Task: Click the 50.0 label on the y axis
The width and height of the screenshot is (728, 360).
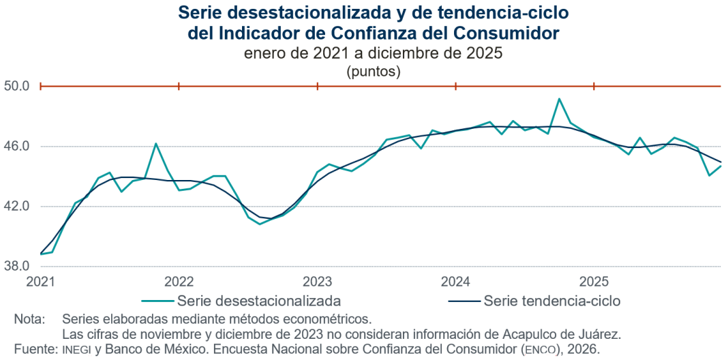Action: point(16,86)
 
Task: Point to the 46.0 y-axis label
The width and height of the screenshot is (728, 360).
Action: point(16,146)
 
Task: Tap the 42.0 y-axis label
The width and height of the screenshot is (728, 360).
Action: point(16,206)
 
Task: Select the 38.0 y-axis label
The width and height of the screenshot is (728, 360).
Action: point(16,266)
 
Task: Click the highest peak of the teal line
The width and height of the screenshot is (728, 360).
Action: point(559,99)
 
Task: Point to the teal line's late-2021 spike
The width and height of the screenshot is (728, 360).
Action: point(156,144)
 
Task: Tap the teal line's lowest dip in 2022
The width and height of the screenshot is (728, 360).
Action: point(259,224)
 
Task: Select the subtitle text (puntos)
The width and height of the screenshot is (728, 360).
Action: point(373,70)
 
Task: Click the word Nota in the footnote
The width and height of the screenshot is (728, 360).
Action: point(29,318)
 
